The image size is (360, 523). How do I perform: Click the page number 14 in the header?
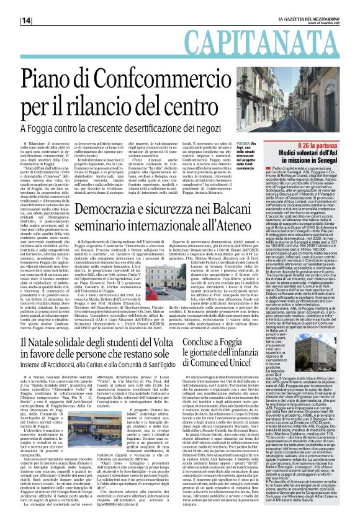[27, 20]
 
